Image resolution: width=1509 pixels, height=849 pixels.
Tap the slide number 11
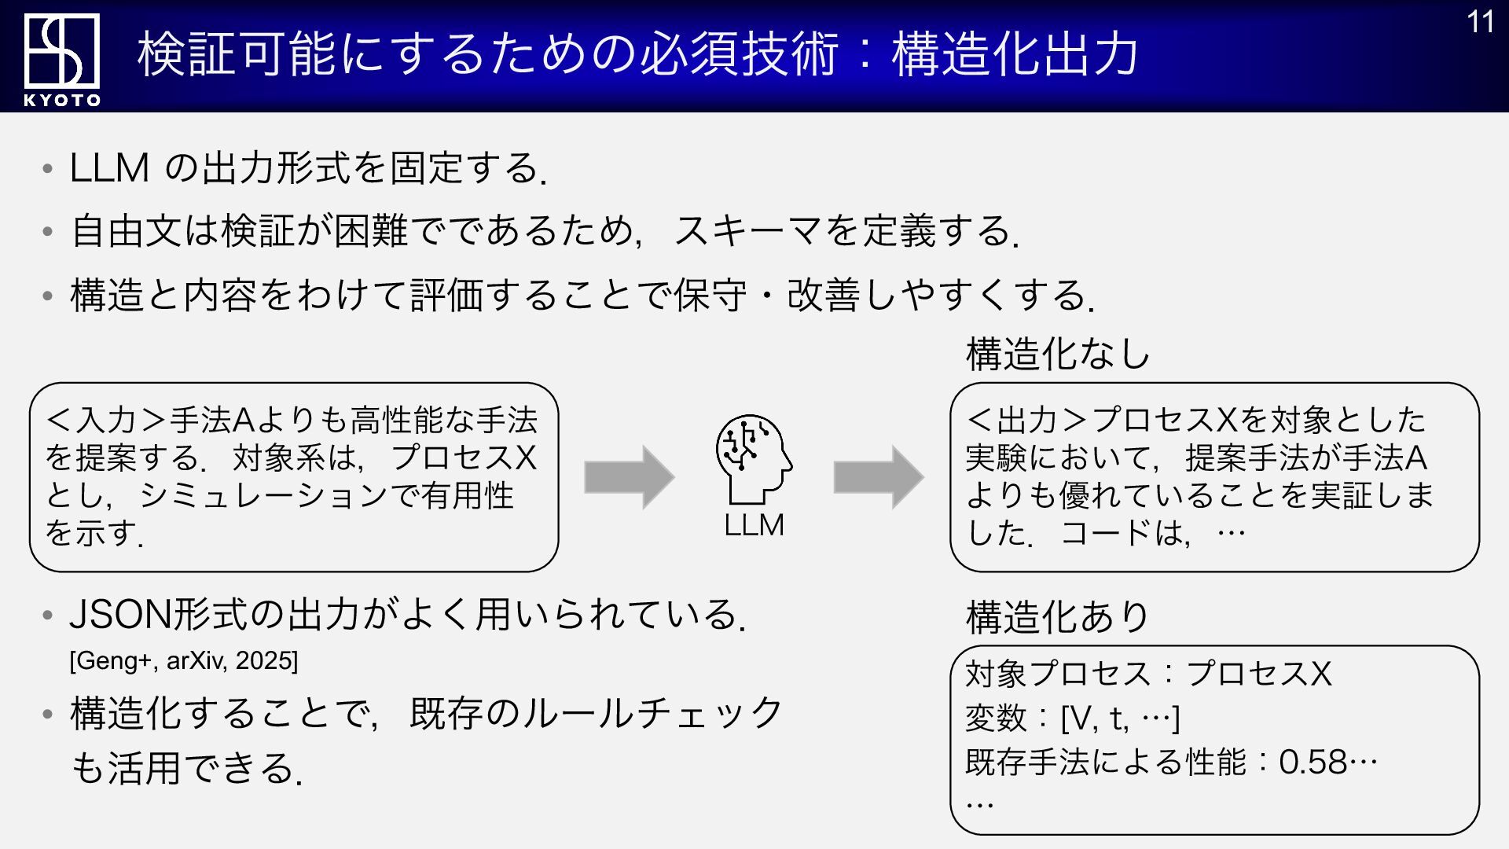pyautogui.click(x=1480, y=22)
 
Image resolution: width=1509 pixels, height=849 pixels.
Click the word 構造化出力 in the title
pyautogui.click(x=1015, y=54)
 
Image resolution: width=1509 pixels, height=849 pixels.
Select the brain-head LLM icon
pyautogui.click(x=753, y=459)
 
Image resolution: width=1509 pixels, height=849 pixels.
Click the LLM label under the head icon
pyautogui.click(x=754, y=525)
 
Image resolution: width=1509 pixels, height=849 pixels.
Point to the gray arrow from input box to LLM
pyautogui.click(x=629, y=477)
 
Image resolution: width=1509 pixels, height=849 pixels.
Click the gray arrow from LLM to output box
pyautogui.click(x=878, y=477)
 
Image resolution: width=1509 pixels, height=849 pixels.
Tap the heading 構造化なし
pyautogui.click(x=1057, y=354)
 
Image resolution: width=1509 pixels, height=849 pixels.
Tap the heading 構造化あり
pyautogui.click(x=1057, y=617)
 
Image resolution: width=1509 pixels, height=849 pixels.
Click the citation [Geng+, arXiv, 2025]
pyautogui.click(x=184, y=660)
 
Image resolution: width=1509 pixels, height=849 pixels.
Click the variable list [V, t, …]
pyautogui.click(x=1120, y=718)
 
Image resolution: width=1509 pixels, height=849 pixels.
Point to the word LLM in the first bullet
pyautogui.click(x=109, y=168)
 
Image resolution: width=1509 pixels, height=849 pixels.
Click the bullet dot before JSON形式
pyautogui.click(x=48, y=616)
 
